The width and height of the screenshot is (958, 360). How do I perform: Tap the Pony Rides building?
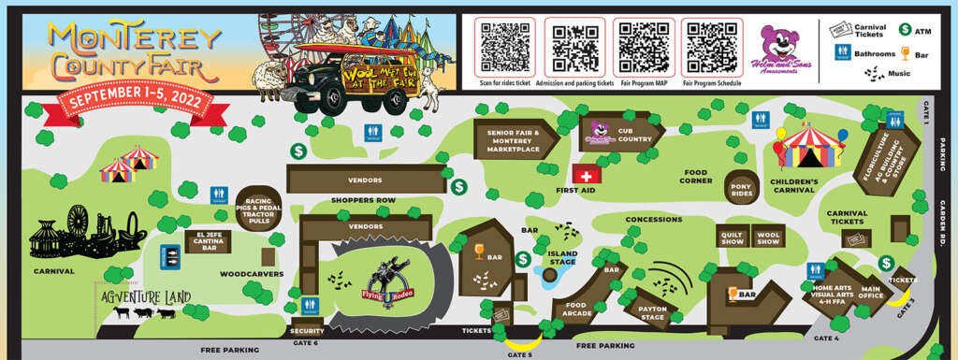tap(742, 187)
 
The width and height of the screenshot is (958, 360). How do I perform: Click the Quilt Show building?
tap(731, 237)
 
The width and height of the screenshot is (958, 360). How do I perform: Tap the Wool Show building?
tap(768, 237)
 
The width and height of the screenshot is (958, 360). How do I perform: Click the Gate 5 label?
tap(519, 354)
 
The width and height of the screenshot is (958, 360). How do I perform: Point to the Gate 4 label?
tap(826, 338)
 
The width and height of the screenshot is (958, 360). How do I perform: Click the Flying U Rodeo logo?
tap(385, 284)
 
